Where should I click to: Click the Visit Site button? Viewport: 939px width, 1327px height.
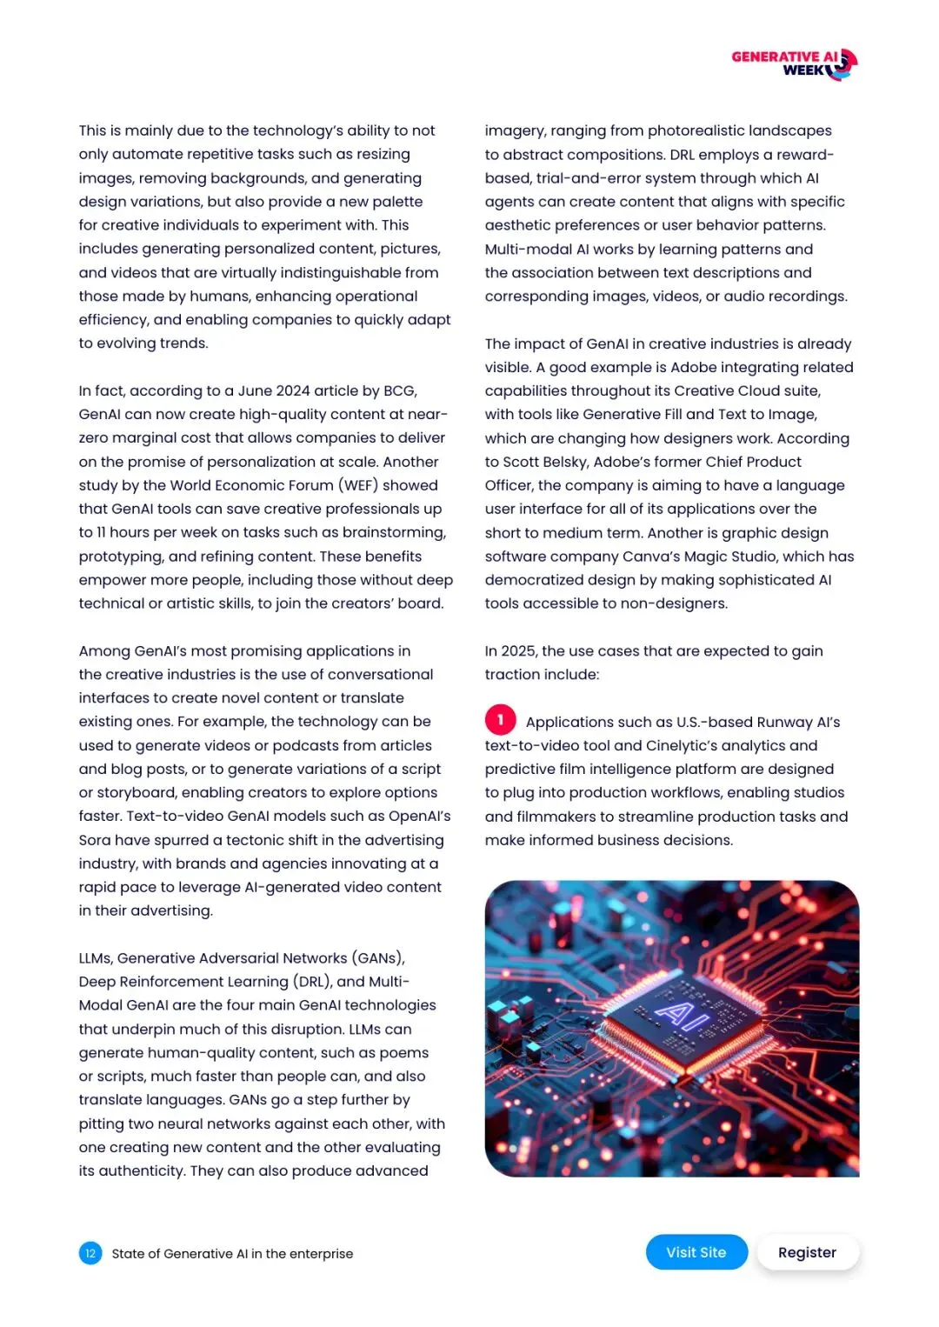point(696,1252)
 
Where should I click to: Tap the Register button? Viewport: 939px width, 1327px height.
point(807,1252)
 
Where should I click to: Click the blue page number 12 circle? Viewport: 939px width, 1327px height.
point(90,1253)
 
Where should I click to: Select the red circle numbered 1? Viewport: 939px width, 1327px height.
point(500,720)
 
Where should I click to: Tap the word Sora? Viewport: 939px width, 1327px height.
point(95,840)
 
